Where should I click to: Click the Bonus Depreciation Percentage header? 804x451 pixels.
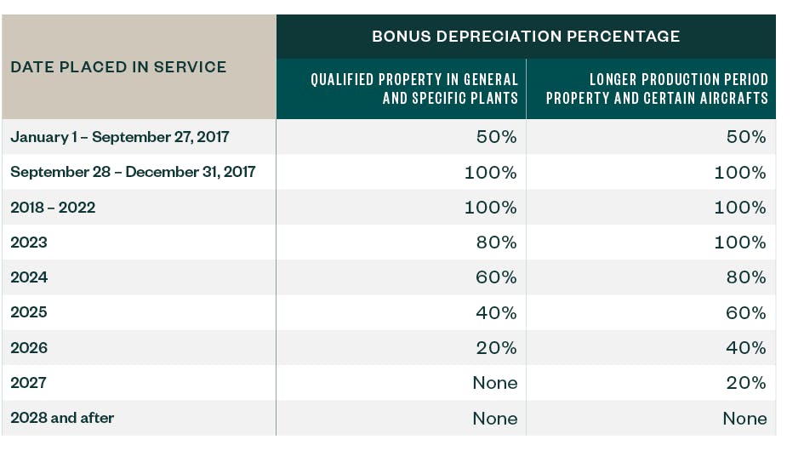(526, 37)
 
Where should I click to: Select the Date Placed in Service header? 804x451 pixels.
(118, 66)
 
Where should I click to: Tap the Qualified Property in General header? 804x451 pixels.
(413, 88)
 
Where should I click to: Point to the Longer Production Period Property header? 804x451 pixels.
(657, 88)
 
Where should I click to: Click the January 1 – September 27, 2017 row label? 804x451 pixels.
(120, 137)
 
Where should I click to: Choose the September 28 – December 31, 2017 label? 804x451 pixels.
(133, 172)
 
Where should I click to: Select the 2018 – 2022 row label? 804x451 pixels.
(53, 208)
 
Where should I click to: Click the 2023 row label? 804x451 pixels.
(29, 243)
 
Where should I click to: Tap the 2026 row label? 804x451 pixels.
(29, 347)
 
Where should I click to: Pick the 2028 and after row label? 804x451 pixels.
(62, 418)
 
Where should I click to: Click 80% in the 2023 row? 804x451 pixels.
(496, 243)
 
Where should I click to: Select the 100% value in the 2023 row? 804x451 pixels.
(739, 243)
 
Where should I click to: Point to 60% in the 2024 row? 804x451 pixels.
(496, 277)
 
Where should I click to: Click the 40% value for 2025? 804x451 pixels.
(496, 312)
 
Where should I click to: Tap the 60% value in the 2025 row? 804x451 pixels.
(746, 312)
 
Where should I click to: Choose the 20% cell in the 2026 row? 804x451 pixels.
(496, 347)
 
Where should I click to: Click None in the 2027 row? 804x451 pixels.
(494, 383)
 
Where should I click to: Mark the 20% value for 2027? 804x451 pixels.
(746, 383)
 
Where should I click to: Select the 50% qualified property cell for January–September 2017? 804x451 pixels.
(496, 137)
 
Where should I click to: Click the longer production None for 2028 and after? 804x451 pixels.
(744, 418)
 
